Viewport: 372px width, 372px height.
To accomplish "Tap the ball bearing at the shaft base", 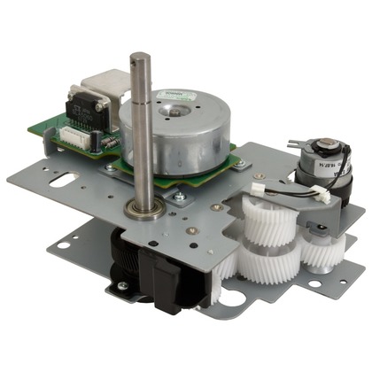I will coord(144,210).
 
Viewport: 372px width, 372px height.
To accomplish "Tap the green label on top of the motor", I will coord(170,94).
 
